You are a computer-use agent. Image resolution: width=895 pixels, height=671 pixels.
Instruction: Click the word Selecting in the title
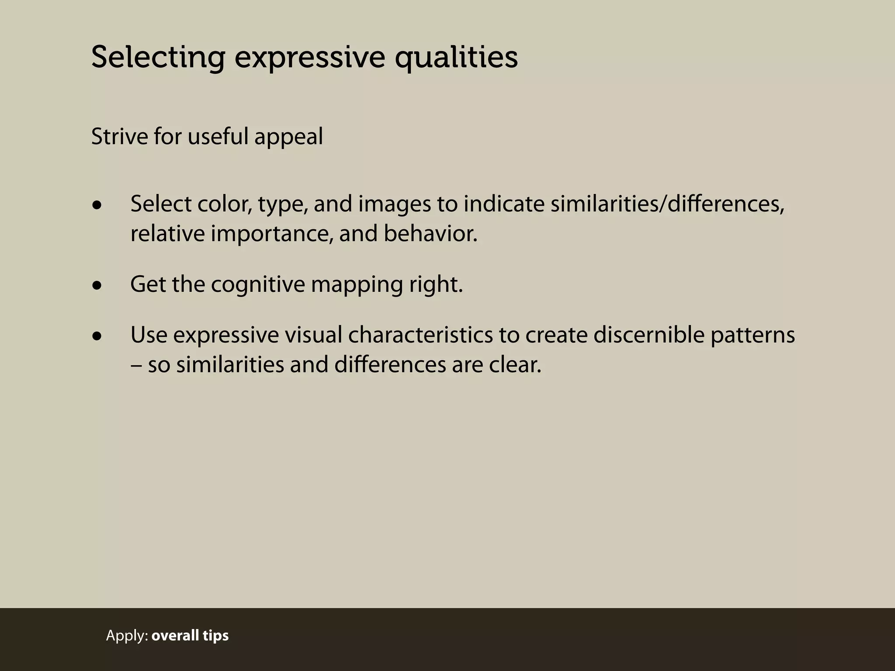pos(158,58)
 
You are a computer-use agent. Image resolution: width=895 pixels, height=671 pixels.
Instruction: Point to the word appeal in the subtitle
pos(288,137)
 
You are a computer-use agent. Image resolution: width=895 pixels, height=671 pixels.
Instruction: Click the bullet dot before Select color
pos(97,205)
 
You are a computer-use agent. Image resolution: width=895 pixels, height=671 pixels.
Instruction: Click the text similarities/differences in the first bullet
pos(667,204)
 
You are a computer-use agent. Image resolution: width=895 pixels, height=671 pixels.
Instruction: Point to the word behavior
pos(430,233)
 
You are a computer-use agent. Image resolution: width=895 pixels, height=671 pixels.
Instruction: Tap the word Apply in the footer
pos(127,636)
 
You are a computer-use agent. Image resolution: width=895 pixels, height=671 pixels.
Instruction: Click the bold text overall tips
pos(190,635)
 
